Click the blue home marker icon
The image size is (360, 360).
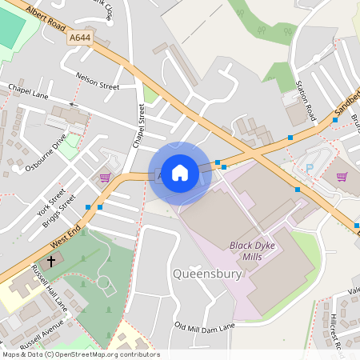(180, 173)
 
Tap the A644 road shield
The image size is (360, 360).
(80, 38)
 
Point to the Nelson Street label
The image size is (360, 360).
(97, 81)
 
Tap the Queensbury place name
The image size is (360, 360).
(206, 274)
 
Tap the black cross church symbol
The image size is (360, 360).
(52, 262)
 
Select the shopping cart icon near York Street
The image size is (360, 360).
(104, 177)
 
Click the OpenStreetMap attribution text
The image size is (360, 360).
(81, 354)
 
